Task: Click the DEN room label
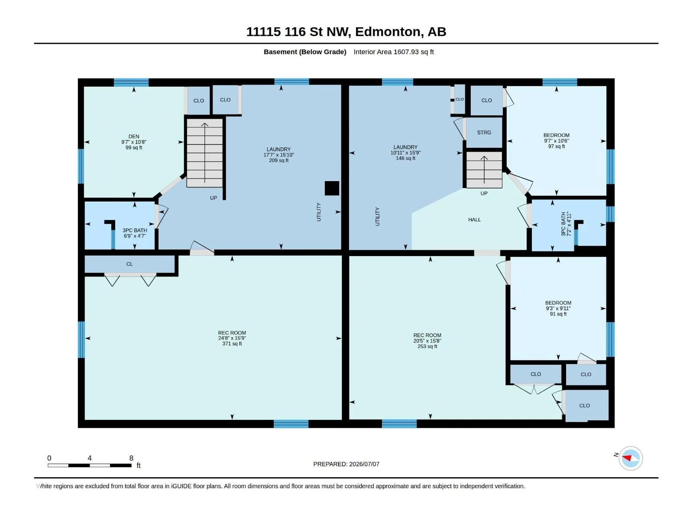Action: click(134, 136)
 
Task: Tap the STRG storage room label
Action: click(484, 132)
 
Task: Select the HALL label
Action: click(474, 219)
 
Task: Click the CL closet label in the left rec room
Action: click(130, 264)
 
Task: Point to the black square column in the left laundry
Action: click(332, 188)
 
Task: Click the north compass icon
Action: click(630, 458)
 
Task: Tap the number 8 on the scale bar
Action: click(131, 458)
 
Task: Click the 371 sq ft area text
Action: click(232, 344)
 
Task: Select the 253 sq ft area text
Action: click(427, 346)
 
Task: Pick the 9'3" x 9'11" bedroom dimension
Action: click(558, 309)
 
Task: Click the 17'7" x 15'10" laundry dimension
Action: click(278, 155)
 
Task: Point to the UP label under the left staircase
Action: click(214, 198)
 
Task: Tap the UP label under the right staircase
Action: click(484, 193)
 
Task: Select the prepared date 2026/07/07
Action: click(364, 464)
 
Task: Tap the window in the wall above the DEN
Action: click(131, 82)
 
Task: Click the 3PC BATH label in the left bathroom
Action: click(135, 231)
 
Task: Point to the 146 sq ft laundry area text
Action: click(405, 158)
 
